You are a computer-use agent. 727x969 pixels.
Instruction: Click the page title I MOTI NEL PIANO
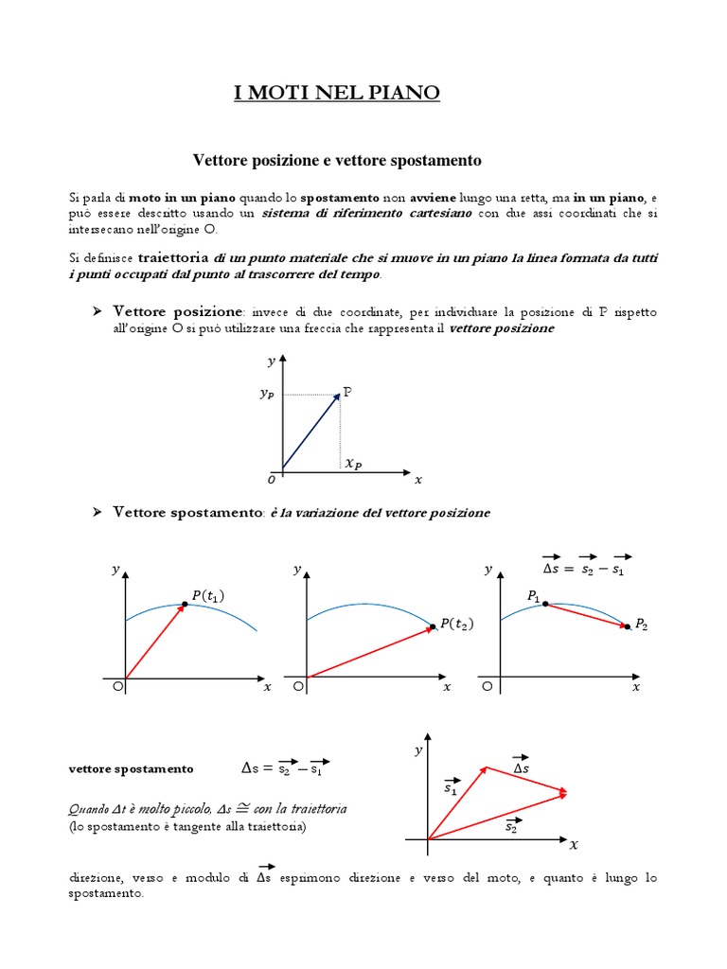click(337, 93)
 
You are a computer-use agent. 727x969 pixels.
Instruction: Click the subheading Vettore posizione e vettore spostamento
click(337, 161)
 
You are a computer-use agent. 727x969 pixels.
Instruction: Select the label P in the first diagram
click(347, 391)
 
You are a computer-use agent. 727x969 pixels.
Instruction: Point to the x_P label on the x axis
click(352, 464)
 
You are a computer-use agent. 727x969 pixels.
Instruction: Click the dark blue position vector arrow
click(310, 432)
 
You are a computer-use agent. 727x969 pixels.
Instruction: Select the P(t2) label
click(457, 624)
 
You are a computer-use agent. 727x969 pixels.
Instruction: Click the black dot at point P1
click(546, 603)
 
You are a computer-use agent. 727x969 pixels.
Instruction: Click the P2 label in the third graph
click(642, 624)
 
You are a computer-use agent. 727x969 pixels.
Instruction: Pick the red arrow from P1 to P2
click(587, 614)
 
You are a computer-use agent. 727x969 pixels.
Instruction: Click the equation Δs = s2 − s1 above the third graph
click(584, 568)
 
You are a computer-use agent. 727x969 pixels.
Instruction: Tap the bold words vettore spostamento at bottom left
click(131, 769)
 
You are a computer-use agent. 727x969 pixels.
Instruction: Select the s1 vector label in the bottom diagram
click(451, 787)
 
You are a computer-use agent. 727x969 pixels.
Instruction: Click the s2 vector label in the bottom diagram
click(511, 826)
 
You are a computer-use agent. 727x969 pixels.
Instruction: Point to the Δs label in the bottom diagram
click(521, 768)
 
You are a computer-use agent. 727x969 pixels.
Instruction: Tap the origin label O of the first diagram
click(272, 481)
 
